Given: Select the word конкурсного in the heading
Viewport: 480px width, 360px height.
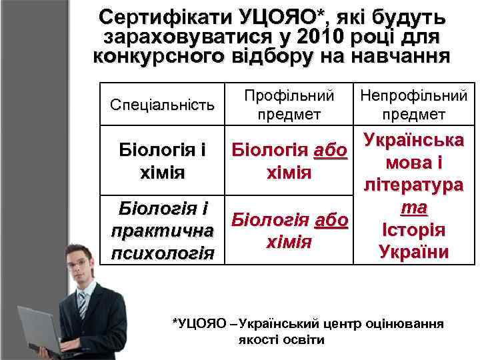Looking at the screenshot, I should pos(157,56).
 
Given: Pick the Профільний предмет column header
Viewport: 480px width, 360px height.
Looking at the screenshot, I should pos(287,105).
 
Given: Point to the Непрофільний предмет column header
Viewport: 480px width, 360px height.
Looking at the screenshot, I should pos(413,105).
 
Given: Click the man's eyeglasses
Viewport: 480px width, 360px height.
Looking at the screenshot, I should pos(79,262).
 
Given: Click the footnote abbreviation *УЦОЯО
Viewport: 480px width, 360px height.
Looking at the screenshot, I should pos(199,324).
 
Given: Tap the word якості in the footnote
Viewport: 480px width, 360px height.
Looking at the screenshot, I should pos(257,339).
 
